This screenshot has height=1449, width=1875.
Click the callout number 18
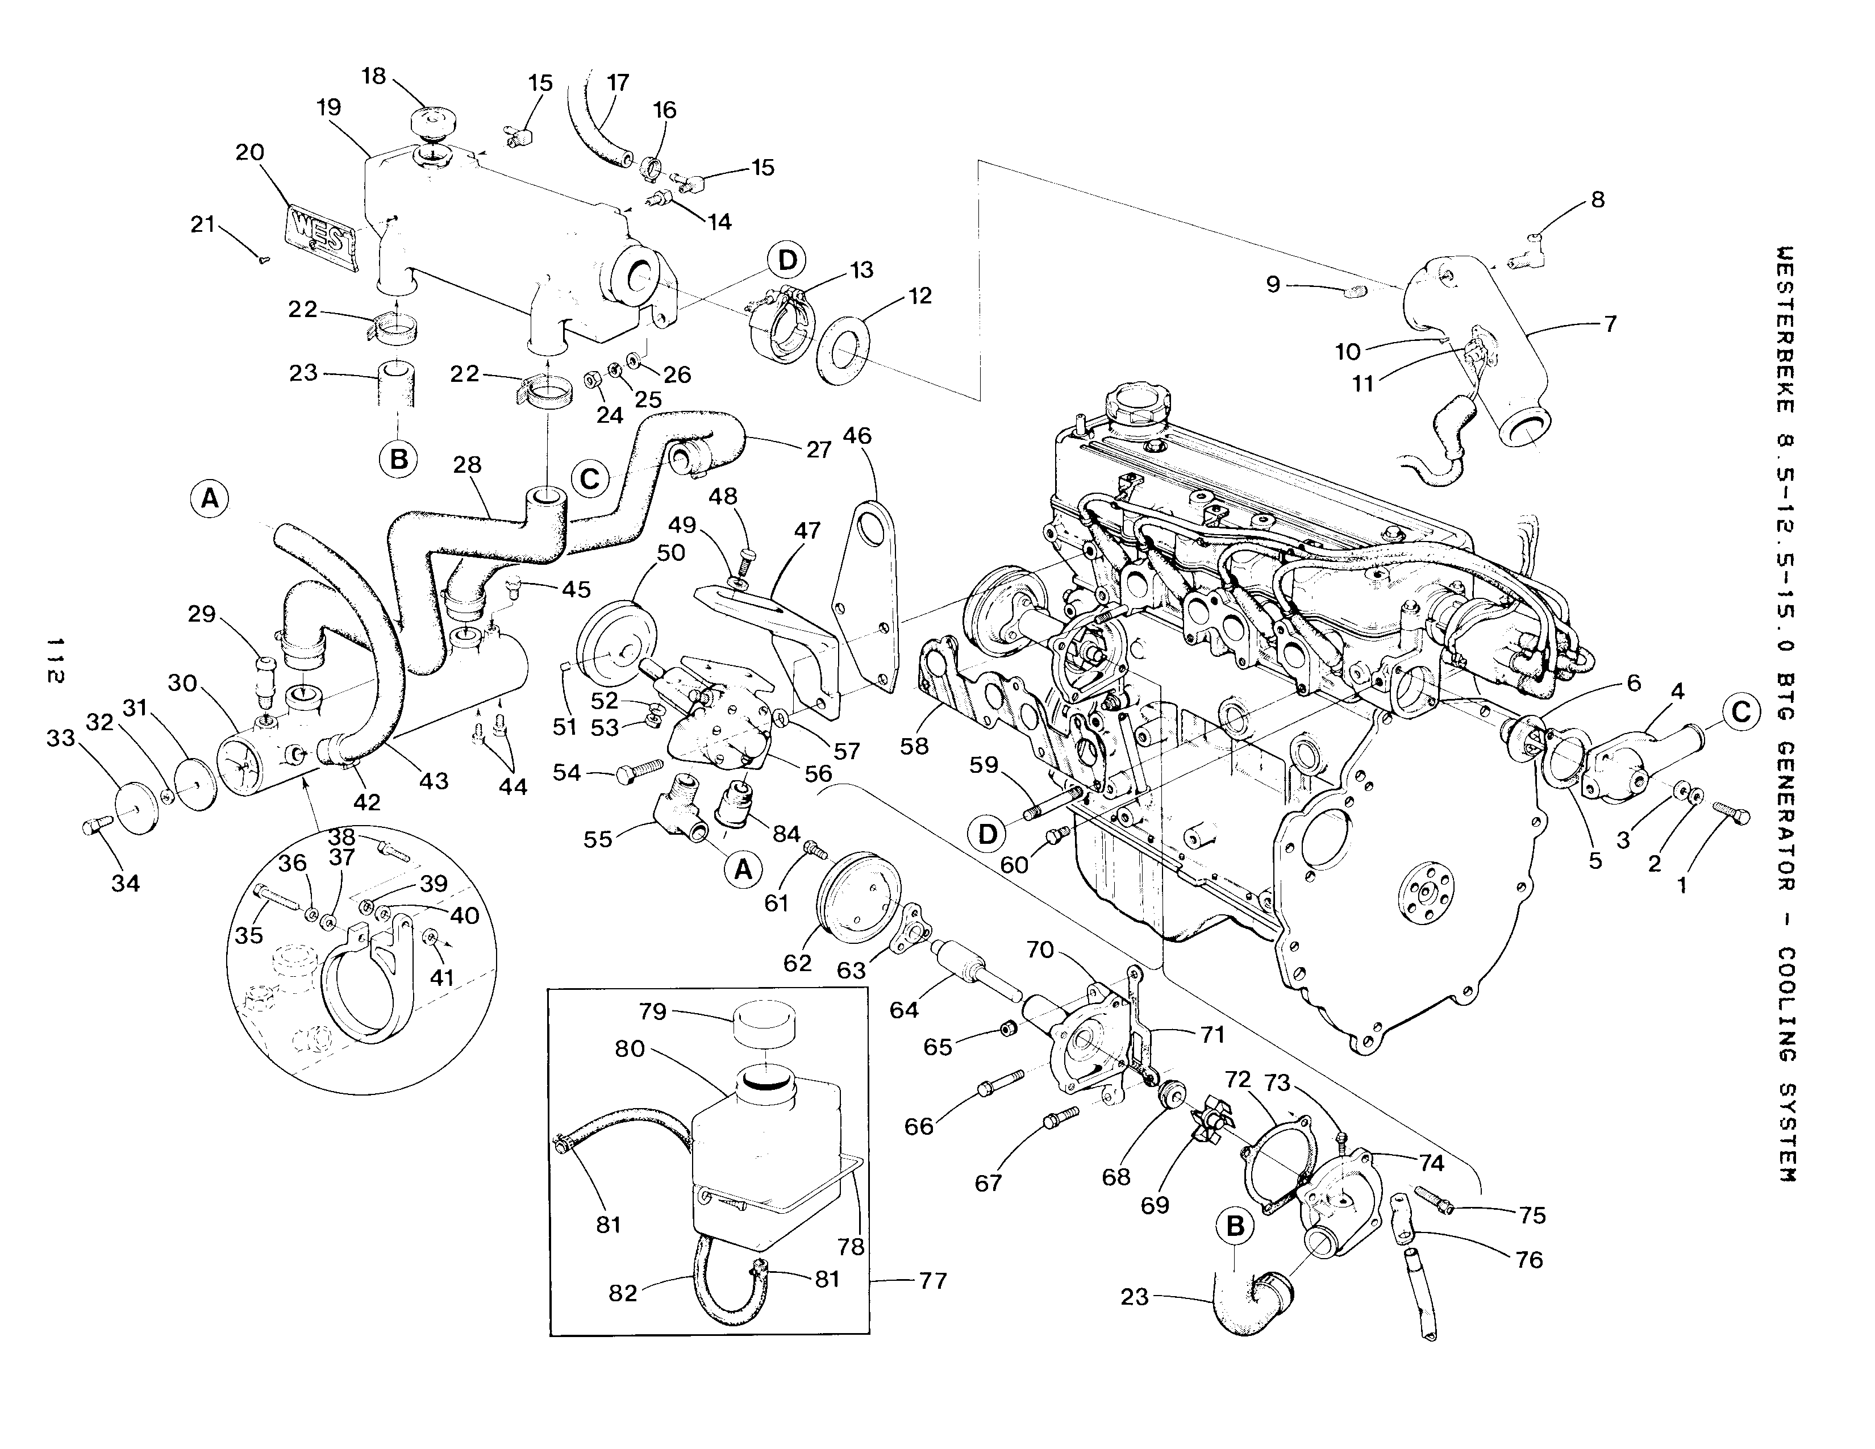click(374, 76)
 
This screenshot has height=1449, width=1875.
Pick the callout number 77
click(932, 1281)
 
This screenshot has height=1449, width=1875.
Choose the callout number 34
click(126, 882)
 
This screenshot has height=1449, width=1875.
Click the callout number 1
click(1682, 882)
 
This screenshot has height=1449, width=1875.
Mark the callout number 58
click(914, 746)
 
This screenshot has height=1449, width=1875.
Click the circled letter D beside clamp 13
click(788, 260)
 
